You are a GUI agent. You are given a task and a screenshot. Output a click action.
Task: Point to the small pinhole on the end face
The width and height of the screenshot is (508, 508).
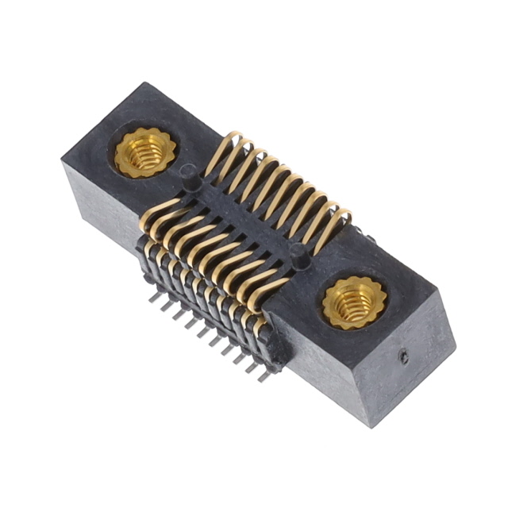404,358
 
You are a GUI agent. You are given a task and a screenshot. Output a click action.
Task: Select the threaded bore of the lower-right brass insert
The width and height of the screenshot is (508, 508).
350,303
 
